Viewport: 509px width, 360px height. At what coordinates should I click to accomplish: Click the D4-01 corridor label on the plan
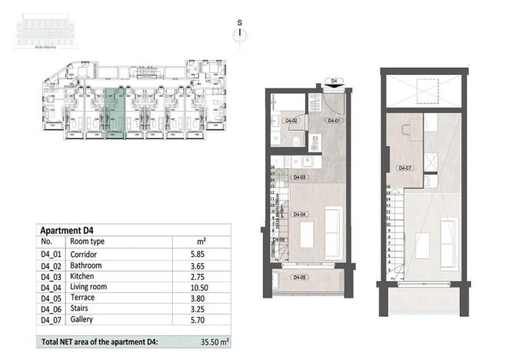tap(334, 121)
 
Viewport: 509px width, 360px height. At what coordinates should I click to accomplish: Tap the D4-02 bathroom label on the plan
tap(291, 121)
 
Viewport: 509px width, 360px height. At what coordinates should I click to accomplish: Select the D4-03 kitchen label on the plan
tap(301, 178)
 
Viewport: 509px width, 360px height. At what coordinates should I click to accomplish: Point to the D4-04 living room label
tap(301, 215)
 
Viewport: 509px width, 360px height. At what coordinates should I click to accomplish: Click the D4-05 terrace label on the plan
tap(300, 277)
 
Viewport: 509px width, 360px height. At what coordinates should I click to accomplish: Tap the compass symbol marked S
tap(240, 31)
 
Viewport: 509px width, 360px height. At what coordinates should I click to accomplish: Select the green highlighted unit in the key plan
tap(113, 114)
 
